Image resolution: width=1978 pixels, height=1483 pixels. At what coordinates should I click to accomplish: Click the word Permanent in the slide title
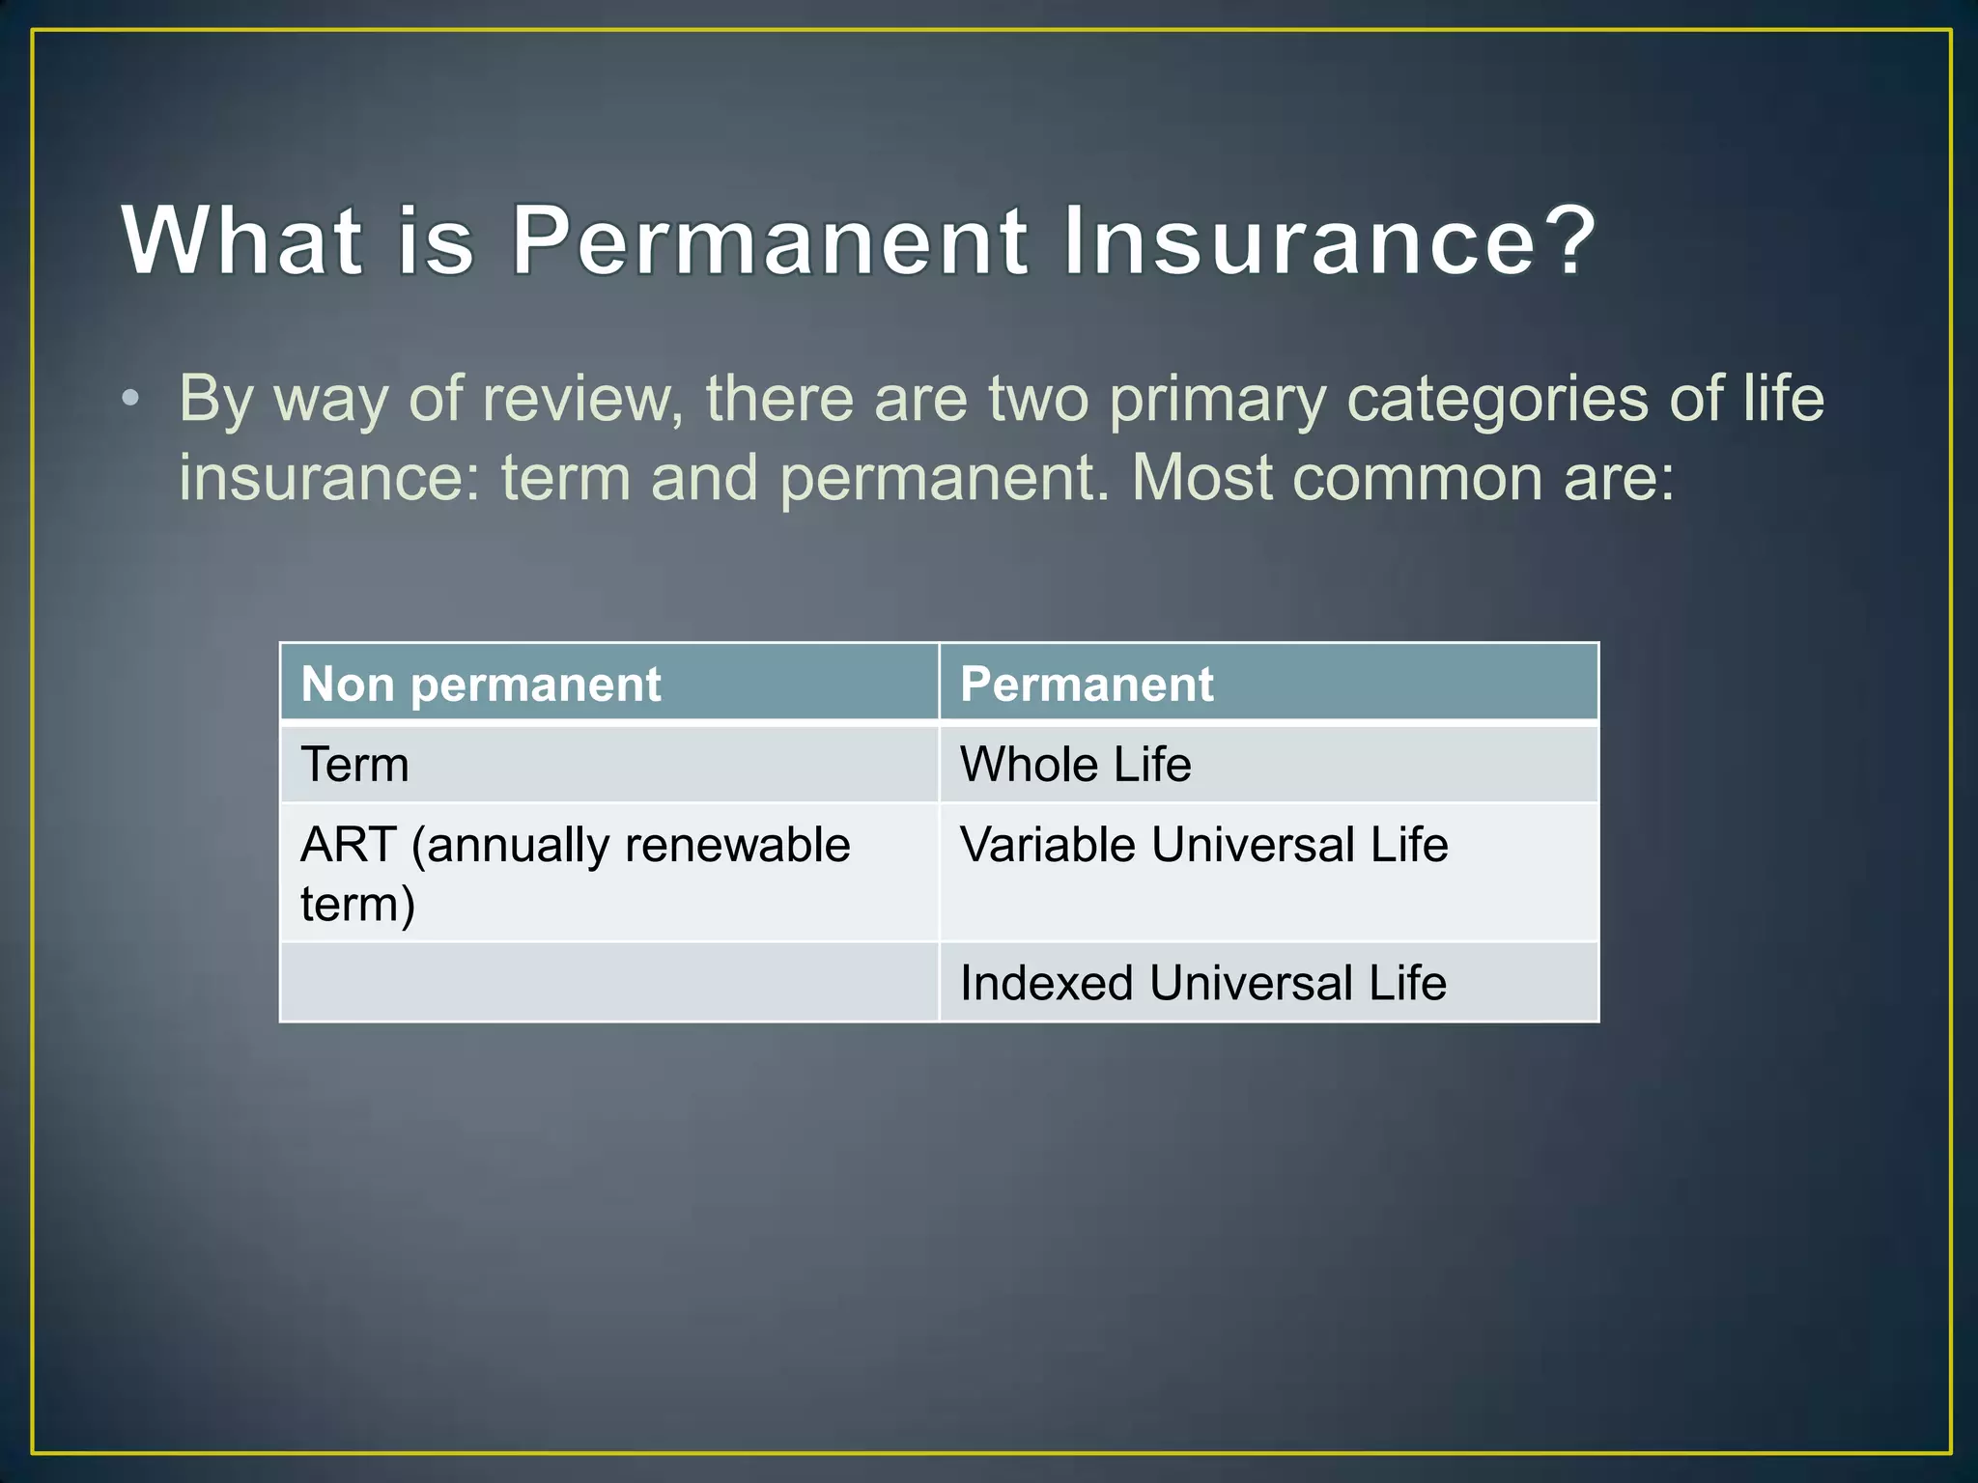(769, 240)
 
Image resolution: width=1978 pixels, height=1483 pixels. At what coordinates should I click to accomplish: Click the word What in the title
(241, 240)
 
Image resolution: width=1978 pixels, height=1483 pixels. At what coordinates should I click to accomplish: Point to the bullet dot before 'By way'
(131, 398)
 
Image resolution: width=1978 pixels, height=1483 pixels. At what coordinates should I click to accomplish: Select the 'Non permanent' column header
(481, 685)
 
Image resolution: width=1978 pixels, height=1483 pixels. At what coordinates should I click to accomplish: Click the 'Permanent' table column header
(1087, 685)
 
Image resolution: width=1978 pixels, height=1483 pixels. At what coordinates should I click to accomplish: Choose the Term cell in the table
(355, 765)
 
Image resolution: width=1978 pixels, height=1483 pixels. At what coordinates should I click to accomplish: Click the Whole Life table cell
(1075, 765)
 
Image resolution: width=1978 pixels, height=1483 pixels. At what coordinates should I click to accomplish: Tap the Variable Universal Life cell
(1203, 845)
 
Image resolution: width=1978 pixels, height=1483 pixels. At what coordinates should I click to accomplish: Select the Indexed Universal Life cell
(1202, 983)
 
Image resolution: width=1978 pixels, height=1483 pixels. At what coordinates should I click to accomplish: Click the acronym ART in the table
(348, 845)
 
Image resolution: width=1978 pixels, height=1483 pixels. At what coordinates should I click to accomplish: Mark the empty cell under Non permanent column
(608, 982)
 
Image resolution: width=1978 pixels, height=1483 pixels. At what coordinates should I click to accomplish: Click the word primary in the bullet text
(1217, 400)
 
